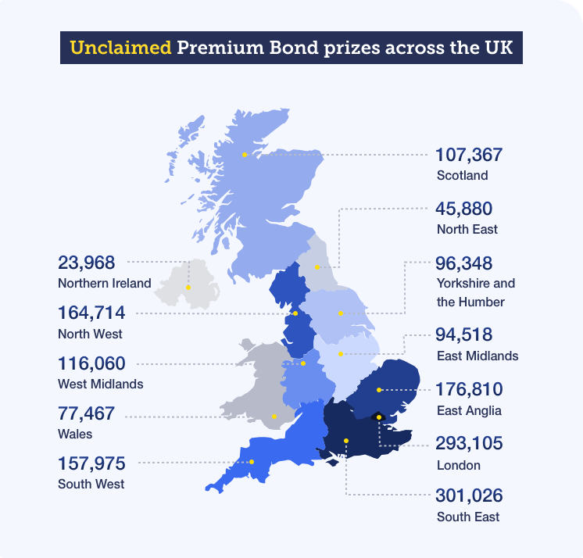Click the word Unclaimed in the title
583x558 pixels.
tap(120, 48)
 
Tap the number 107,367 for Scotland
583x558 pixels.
tap(469, 155)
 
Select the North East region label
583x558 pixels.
tap(467, 229)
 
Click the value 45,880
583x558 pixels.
tap(464, 209)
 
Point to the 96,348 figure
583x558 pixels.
tap(464, 263)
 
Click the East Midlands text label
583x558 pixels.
tap(477, 356)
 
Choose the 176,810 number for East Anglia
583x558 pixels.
tap(469, 389)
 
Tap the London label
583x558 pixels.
tap(458, 465)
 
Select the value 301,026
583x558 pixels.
tap(469, 495)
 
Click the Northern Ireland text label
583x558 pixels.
tap(104, 283)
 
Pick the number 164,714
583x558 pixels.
tap(91, 313)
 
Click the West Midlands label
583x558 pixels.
tap(100, 384)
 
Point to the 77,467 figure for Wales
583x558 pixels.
tap(86, 413)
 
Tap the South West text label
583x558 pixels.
tap(91, 484)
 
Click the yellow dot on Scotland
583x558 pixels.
tap(245, 155)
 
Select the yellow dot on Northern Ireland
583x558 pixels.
tap(188, 287)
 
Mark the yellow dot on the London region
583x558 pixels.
tap(379, 417)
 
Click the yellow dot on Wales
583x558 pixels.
tap(274, 417)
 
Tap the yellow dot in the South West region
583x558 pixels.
tap(252, 462)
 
